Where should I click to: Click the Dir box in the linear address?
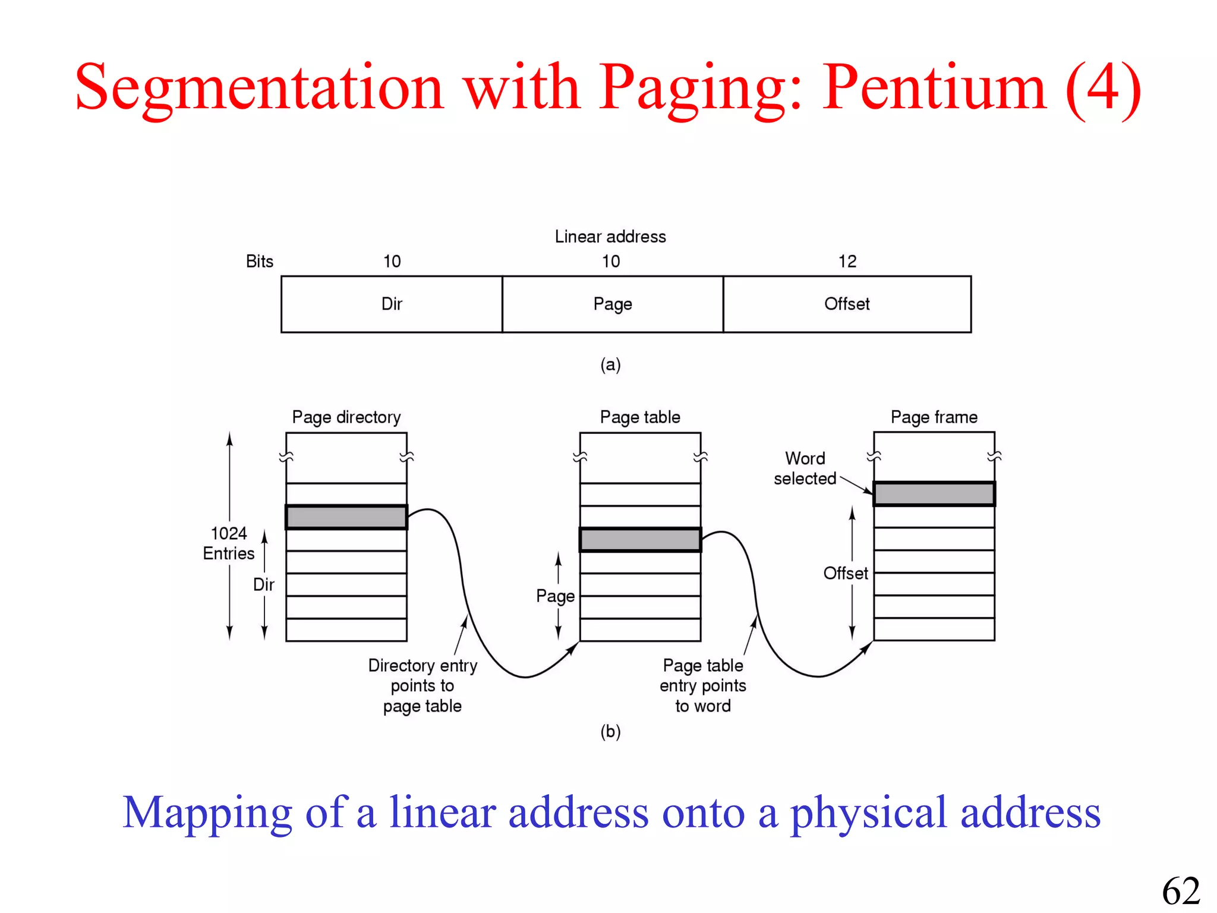click(392, 304)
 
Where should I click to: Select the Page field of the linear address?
click(613, 304)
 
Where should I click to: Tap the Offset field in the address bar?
click(847, 304)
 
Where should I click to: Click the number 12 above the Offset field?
click(847, 262)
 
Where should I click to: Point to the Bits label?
click(260, 262)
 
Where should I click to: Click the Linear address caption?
click(610, 237)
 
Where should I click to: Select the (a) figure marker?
click(610, 364)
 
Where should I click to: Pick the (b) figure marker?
click(610, 731)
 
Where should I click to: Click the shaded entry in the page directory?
click(346, 517)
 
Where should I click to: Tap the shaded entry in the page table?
click(640, 540)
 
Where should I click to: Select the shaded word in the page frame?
click(934, 494)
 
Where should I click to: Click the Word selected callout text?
click(805, 468)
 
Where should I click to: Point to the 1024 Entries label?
click(229, 543)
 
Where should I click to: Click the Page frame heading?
click(934, 417)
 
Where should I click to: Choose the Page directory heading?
click(346, 417)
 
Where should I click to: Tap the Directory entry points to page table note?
click(423, 685)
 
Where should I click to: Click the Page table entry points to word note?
click(703, 685)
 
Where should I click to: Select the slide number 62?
click(1181, 891)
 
